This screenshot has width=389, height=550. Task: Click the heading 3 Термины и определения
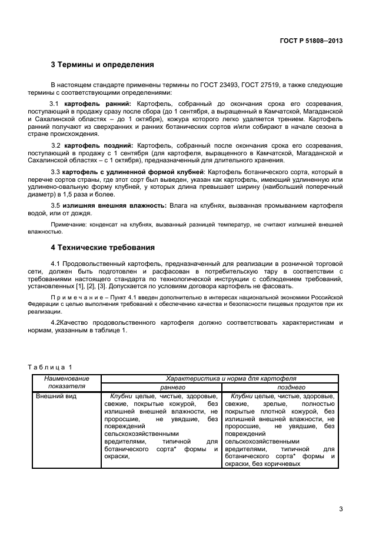(x=102, y=65)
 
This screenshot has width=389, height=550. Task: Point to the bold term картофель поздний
(x=99, y=145)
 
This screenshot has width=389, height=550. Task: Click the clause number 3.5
(x=56, y=205)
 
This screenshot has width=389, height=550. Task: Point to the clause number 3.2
(x=56, y=145)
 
